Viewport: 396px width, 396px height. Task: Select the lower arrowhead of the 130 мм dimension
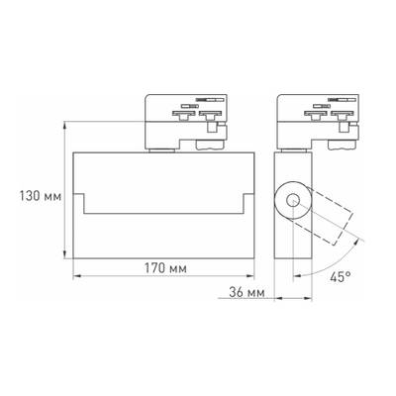point(68,254)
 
